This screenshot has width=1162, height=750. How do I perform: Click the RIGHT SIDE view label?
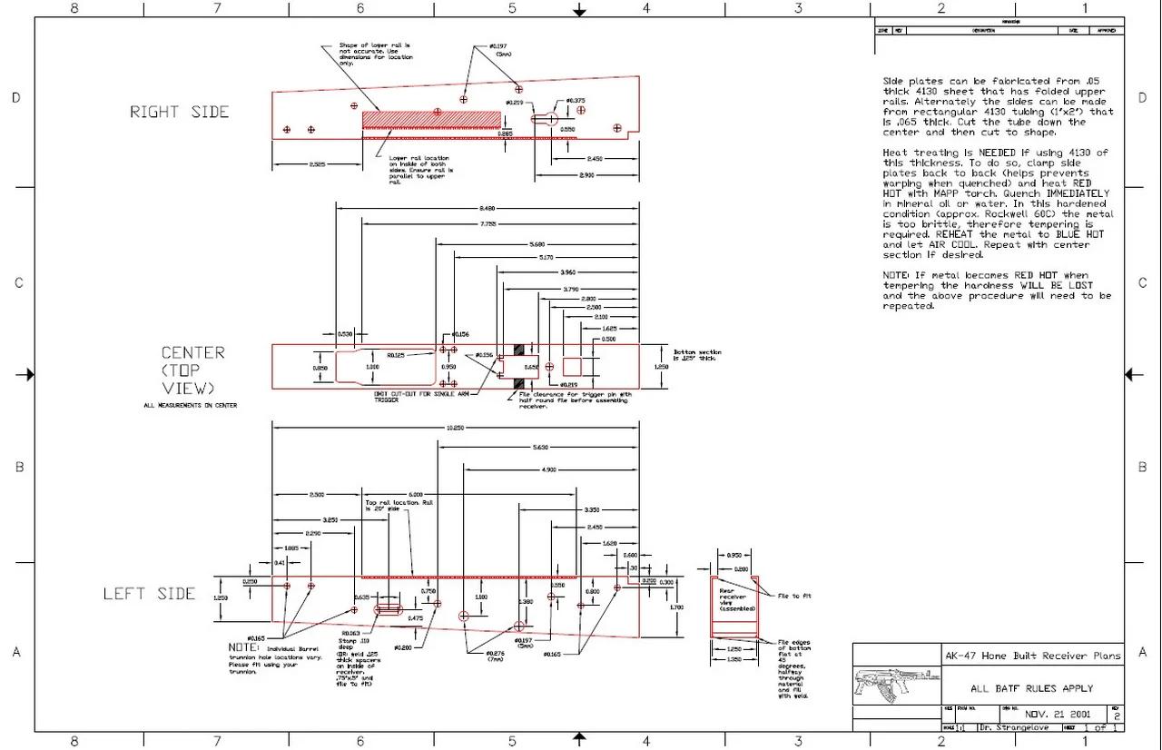click(179, 112)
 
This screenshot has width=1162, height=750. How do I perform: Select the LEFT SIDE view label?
click(149, 594)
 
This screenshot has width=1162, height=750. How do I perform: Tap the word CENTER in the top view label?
click(192, 352)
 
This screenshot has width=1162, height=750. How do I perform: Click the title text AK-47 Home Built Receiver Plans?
click(1032, 656)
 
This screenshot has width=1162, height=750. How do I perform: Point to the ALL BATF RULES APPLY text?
click(1031, 689)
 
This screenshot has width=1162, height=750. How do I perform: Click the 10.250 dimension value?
click(455, 428)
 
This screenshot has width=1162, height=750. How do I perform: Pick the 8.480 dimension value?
click(487, 208)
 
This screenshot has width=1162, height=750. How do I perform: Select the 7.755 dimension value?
click(487, 224)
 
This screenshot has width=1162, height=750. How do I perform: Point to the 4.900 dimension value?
click(548, 469)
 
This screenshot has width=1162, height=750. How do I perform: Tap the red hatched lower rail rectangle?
click(431, 119)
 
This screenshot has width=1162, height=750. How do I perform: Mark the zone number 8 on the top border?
click(74, 8)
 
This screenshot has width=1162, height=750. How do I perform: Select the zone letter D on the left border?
click(15, 98)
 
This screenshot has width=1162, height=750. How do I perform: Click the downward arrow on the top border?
click(579, 10)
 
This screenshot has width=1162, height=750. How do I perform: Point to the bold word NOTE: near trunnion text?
click(244, 647)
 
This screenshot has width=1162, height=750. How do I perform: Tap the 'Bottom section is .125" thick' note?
click(697, 354)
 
